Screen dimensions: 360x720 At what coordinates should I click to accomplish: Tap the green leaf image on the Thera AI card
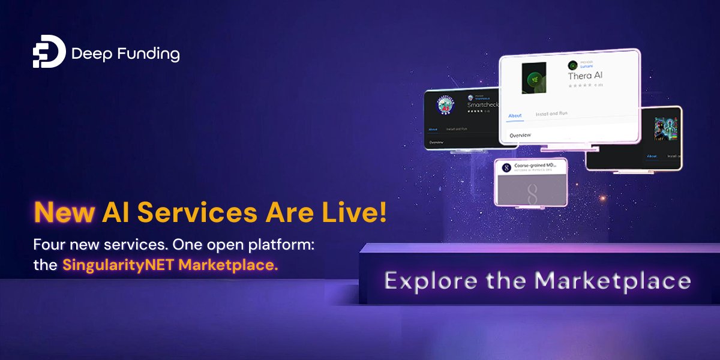533,77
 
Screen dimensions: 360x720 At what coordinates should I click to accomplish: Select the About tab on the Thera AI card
515,115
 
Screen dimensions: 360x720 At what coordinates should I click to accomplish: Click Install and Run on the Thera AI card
552,113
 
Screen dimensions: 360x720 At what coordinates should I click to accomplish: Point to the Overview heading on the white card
520,136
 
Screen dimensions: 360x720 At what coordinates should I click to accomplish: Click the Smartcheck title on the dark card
484,104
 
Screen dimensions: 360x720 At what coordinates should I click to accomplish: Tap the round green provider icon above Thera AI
573,65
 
